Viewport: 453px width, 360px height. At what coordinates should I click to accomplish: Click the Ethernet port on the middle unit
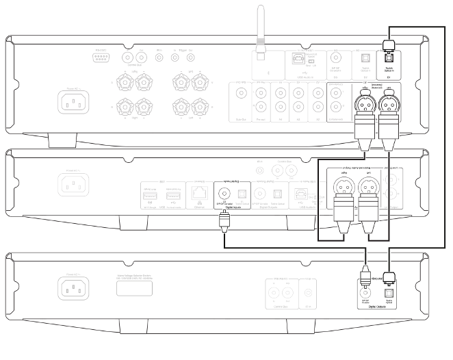(198, 192)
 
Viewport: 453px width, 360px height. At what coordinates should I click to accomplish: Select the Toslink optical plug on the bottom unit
(390, 279)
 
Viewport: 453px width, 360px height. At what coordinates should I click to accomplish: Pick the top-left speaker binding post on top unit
(125, 83)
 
